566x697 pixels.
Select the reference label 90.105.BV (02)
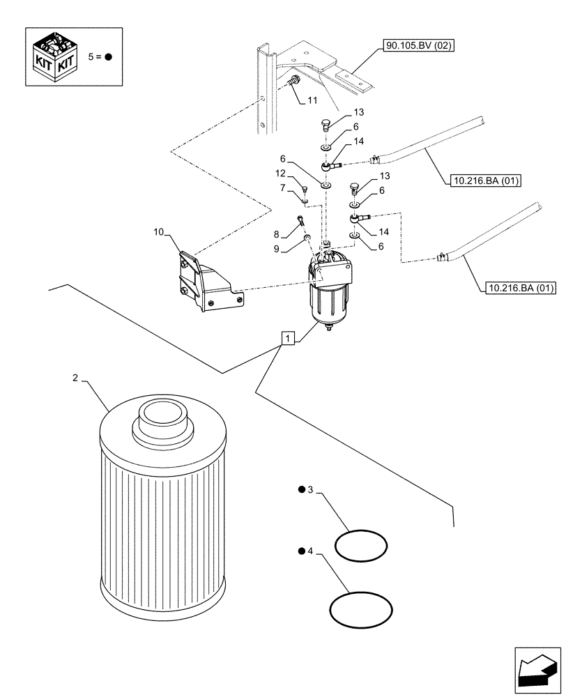click(x=418, y=47)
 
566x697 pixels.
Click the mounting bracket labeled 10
click(x=202, y=282)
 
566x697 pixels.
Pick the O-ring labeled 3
click(x=360, y=545)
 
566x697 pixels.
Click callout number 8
click(x=277, y=235)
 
